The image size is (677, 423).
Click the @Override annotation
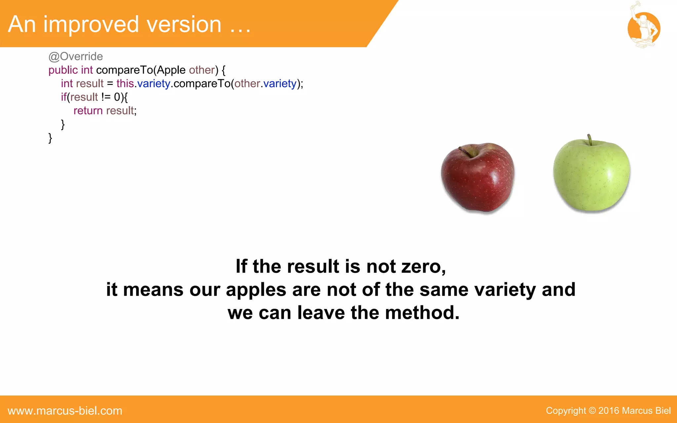click(76, 57)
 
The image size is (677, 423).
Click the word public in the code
click(63, 70)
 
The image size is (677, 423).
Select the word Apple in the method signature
click(171, 70)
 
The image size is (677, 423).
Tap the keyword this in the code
click(125, 84)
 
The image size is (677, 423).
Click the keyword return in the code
click(88, 111)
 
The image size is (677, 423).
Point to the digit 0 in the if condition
click(117, 97)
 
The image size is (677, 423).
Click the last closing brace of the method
click(50, 138)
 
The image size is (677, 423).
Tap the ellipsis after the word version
click(240, 30)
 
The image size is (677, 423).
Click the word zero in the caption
click(423, 266)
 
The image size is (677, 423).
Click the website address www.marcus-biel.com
click(65, 411)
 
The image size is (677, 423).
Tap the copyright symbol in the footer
click(592, 411)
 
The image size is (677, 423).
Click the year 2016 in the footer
click(609, 411)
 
